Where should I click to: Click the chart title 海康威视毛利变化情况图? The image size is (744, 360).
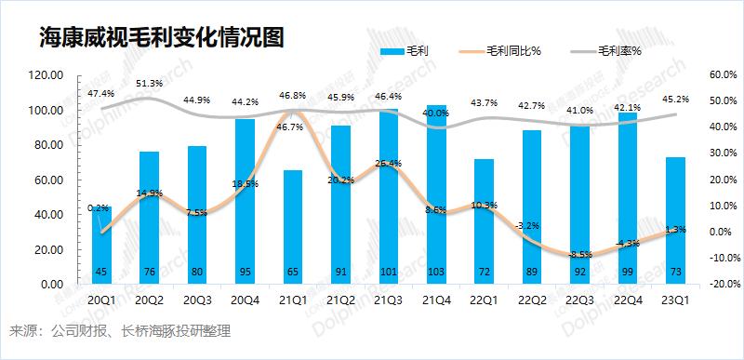(x=161, y=37)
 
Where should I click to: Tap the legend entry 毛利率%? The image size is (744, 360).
(x=620, y=52)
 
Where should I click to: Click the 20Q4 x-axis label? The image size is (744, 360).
(x=245, y=300)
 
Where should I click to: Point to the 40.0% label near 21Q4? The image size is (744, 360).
(x=435, y=113)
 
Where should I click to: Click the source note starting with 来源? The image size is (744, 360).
(x=119, y=331)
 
